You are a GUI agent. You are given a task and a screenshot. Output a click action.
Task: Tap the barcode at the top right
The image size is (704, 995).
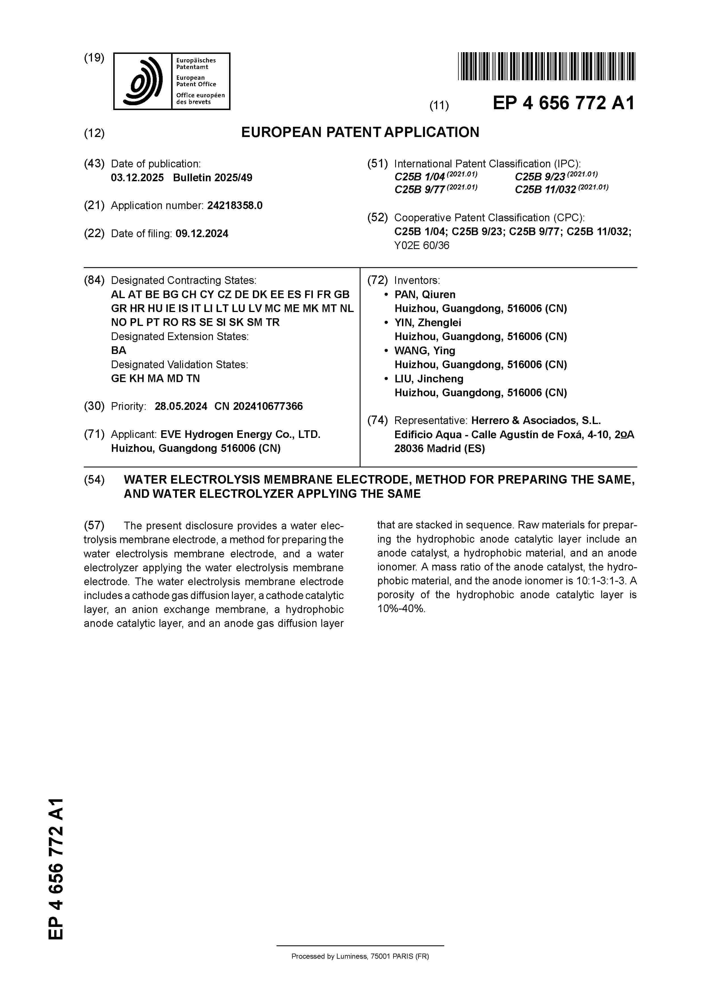[546, 66]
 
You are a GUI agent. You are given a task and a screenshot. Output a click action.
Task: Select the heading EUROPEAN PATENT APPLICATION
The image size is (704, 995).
[360, 132]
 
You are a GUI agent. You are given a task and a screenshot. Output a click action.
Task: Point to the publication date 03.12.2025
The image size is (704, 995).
[137, 178]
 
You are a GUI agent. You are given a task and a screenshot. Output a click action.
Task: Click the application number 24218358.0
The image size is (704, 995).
[235, 205]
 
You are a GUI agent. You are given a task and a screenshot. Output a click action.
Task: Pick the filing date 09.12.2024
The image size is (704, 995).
[202, 234]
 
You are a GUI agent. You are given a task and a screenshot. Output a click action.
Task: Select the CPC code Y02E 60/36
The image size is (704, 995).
[422, 246]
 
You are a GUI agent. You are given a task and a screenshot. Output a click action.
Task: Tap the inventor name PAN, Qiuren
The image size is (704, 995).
[425, 295]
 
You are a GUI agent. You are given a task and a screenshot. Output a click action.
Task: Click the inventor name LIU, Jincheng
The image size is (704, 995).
[429, 379]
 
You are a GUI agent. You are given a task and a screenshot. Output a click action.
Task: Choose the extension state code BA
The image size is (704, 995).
[118, 350]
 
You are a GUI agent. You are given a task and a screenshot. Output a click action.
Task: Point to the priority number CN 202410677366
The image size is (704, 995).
[259, 406]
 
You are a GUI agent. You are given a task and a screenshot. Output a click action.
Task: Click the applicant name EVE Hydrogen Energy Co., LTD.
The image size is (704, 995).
[240, 434]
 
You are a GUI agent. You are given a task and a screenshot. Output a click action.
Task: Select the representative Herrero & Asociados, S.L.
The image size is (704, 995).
[536, 420]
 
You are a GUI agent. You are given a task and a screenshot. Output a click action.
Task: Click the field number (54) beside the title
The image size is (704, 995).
[94, 480]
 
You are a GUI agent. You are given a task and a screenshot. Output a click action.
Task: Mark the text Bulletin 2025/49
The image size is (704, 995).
[213, 178]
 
